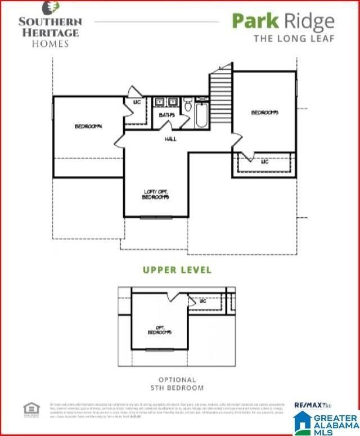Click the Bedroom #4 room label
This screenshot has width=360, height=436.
[88, 126]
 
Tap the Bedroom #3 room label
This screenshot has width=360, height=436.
[264, 113]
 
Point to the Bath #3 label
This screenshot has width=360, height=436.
[166, 115]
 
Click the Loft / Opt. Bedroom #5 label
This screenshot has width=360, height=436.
[156, 195]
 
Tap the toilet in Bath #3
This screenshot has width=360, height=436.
[188, 105]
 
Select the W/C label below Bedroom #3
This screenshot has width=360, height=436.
[264, 161]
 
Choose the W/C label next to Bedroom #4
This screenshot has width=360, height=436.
[136, 102]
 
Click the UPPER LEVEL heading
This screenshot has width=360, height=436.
[177, 270]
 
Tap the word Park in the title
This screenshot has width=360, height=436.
[255, 21]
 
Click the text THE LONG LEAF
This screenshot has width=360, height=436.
[294, 39]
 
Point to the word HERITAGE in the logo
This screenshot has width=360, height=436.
[50, 32]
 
